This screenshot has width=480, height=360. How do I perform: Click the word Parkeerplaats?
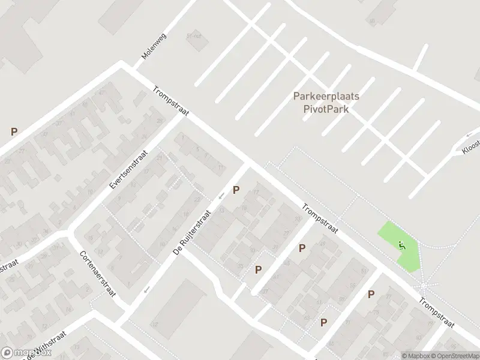(x=326, y=96)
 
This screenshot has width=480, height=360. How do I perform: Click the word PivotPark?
(x=326, y=109)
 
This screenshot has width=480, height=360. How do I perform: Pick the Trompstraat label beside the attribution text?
(x=436, y=314)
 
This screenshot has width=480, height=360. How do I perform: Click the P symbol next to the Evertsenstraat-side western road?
(x=14, y=131)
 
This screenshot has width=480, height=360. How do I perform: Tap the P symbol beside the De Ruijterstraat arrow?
(x=236, y=190)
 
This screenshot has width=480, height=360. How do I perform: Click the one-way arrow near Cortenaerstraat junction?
(x=146, y=290)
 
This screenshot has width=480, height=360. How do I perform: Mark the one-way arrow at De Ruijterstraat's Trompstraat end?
(x=221, y=195)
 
